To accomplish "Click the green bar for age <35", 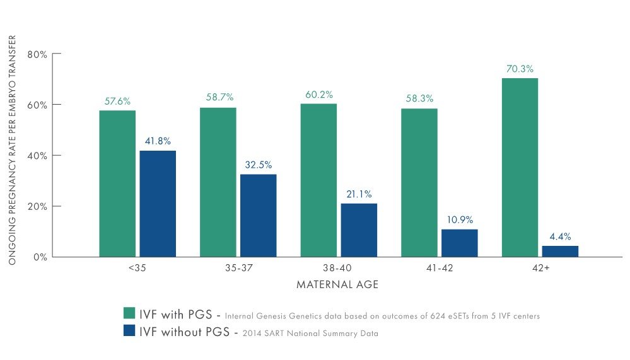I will [x=117, y=183].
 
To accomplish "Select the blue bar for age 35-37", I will [x=258, y=215].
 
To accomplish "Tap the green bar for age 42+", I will [x=520, y=167].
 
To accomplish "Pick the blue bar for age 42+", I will [x=560, y=251].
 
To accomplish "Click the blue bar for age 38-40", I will [x=359, y=229].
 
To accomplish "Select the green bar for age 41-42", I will [x=419, y=182].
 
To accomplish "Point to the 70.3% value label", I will [x=520, y=69].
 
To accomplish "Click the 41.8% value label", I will [x=157, y=141].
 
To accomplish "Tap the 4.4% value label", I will [x=560, y=236].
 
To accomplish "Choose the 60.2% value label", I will [x=318, y=95].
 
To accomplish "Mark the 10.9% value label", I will [x=459, y=219].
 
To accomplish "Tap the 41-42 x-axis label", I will [x=439, y=268].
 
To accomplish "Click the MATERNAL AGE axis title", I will [x=337, y=285].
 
